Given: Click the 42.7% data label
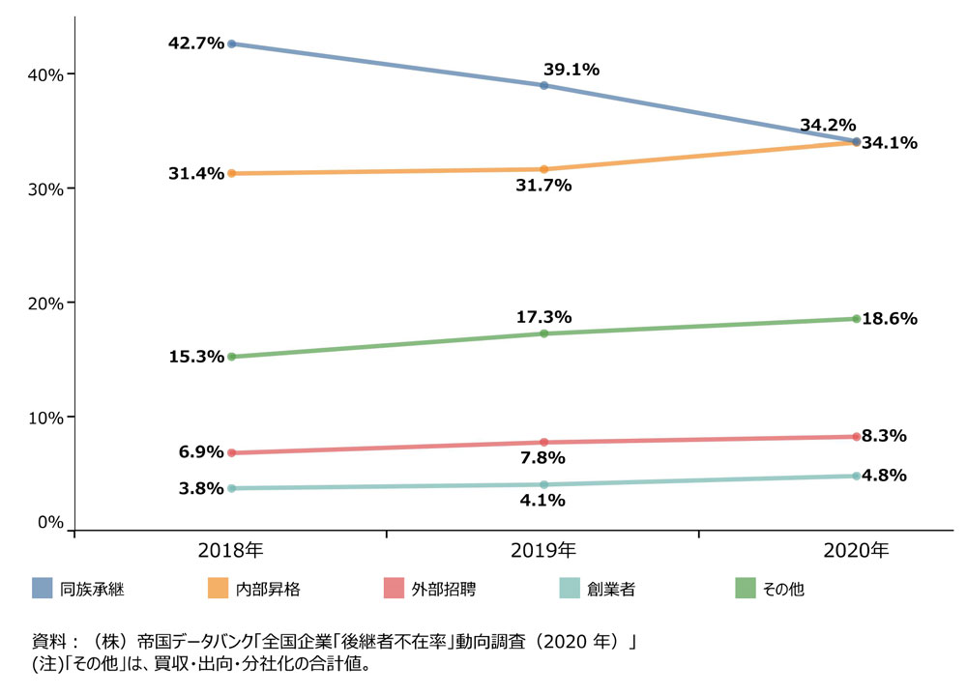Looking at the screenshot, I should coord(196,43).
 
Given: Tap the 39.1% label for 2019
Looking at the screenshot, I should coord(571,69).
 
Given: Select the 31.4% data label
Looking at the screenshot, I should coord(196,174).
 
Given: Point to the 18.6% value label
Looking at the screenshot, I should coord(890,319).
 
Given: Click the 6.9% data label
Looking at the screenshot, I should coord(201,452).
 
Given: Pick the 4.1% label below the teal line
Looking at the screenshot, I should coord(542,501).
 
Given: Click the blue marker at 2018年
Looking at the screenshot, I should coord(231,43).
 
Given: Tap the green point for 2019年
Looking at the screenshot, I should coord(543,333).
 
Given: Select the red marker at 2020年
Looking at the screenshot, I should coord(857,437).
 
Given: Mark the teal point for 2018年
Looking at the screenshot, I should coord(231,489).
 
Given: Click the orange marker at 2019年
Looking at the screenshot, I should coord(543,169).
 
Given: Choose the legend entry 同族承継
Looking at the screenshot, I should coord(92,588).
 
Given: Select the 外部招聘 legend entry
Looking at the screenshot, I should coord(443,588).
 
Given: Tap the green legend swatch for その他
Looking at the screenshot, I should coord(746,588).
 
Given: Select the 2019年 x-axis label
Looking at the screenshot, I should coord(543,552).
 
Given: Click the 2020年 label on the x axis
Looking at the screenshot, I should coord(857,552).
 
